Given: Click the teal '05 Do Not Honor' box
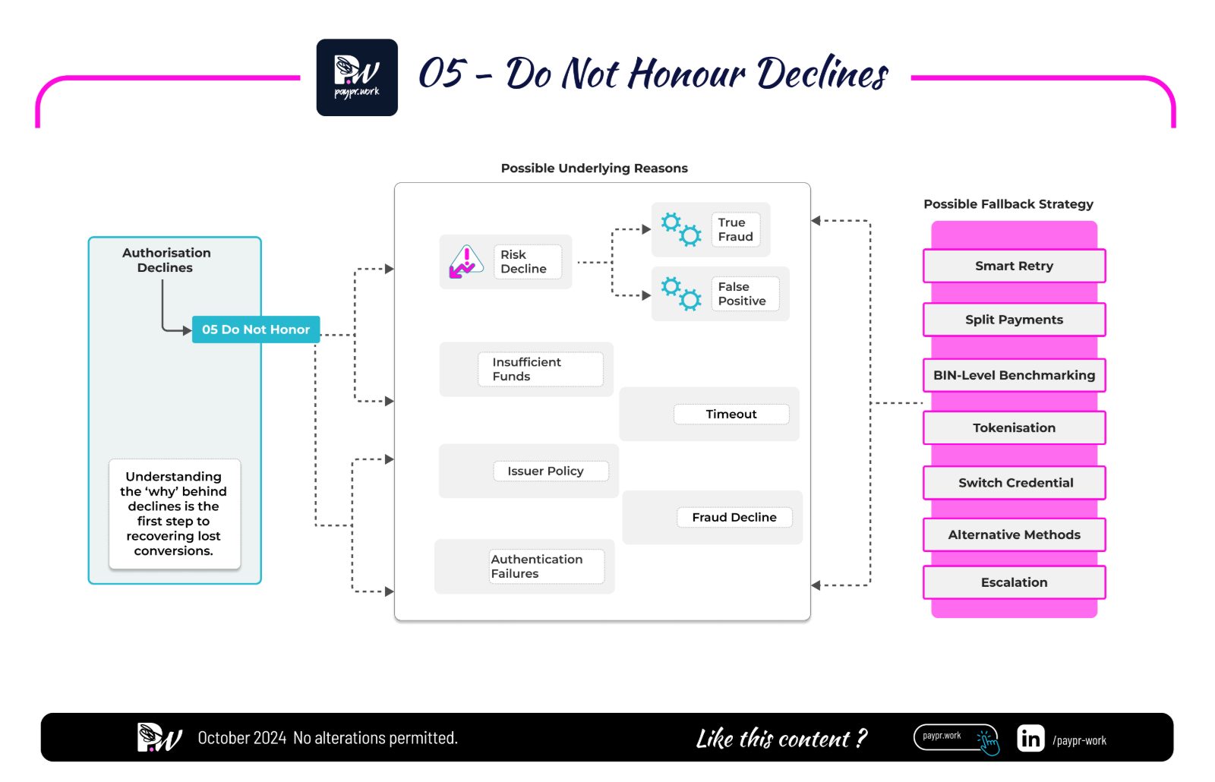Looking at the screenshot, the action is [256, 330].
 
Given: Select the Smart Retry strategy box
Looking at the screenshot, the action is [1014, 266].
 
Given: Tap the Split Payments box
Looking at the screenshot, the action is [1014, 320].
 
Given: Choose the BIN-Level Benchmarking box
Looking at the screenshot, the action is [1014, 375].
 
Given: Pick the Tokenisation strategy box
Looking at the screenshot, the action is [1014, 427].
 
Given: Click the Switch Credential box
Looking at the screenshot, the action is [1014, 482].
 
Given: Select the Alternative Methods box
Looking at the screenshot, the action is [1014, 534].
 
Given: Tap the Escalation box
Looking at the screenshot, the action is [1014, 582].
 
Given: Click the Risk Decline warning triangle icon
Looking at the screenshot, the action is [466, 262].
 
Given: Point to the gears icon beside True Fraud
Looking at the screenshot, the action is [680, 229].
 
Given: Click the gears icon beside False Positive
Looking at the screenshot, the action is [680, 293].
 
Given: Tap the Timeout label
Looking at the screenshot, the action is [731, 414].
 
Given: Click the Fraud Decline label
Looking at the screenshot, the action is [734, 517].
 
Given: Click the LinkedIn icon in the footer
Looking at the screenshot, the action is [1030, 738].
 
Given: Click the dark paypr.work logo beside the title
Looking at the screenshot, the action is [357, 77].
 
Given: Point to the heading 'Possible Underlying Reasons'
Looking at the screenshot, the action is [594, 168].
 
